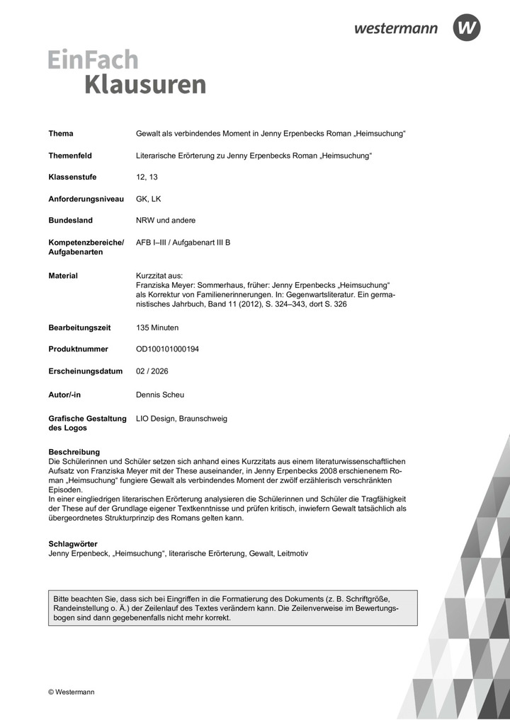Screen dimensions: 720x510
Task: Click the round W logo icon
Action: (467, 28)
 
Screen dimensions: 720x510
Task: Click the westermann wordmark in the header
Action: (396, 28)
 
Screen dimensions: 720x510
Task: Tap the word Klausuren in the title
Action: (145, 84)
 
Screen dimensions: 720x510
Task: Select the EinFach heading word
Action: (93, 59)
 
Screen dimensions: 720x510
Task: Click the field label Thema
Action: (61, 134)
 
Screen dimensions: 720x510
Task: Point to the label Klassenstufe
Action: (72, 177)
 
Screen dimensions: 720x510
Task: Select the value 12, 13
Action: (147, 177)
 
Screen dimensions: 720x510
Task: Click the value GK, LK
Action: (148, 199)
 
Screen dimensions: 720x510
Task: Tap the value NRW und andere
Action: (166, 220)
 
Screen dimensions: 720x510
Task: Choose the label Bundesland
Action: (70, 220)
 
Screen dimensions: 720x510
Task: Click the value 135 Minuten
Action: (157, 327)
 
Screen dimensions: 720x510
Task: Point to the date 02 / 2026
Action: (152, 371)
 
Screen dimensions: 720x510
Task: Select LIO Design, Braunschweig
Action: (181, 419)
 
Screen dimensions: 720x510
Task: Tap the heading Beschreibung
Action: (74, 451)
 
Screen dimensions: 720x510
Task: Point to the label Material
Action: (63, 275)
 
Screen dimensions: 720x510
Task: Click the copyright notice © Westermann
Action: (71, 692)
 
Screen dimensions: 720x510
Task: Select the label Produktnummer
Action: (78, 349)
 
